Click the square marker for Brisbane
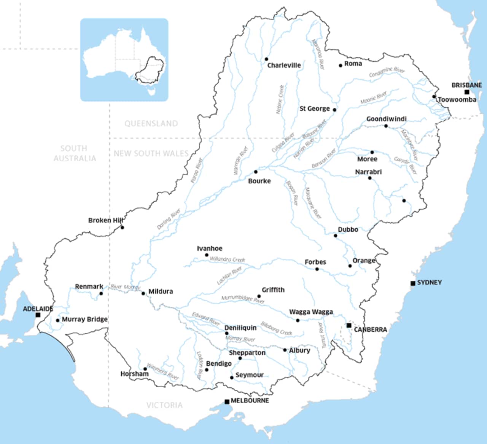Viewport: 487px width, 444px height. (467, 92)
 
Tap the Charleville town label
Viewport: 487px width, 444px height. (284, 65)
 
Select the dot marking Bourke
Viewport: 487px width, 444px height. (256, 172)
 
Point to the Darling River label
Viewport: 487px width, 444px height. (169, 219)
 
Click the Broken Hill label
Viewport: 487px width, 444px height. (105, 220)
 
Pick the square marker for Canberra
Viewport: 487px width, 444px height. (349, 325)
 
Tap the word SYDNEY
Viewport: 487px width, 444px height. (429, 282)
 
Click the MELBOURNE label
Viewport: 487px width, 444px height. (250, 401)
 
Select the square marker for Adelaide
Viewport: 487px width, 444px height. (38, 315)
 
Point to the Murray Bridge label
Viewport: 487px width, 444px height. (84, 319)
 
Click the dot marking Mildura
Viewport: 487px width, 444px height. (143, 293)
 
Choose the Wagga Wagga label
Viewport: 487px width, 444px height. (311, 312)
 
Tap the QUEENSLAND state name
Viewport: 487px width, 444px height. (151, 124)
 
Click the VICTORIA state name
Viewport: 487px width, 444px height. (164, 405)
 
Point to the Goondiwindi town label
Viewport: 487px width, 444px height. (386, 119)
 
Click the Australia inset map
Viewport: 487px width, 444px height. (124, 60)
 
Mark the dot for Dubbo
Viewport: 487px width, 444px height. (336, 236)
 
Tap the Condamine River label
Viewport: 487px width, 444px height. (387, 72)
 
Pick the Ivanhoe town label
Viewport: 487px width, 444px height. (210, 248)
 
